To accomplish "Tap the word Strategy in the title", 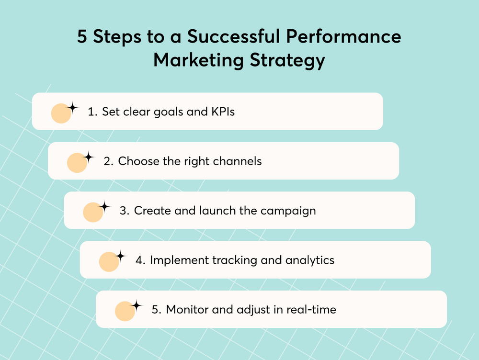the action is point(287,60).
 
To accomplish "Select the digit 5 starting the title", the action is point(82,36).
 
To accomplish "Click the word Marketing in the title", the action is point(198,59).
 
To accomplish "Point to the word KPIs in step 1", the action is point(223,112).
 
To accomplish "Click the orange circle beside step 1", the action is point(61,113).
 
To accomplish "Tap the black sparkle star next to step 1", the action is point(72,108).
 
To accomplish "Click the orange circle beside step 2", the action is point(77,163).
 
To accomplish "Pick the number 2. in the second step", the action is point(108,161).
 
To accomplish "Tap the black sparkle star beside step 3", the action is point(104,207).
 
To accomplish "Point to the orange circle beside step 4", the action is point(109,262).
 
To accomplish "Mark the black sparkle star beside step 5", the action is point(136,305).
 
